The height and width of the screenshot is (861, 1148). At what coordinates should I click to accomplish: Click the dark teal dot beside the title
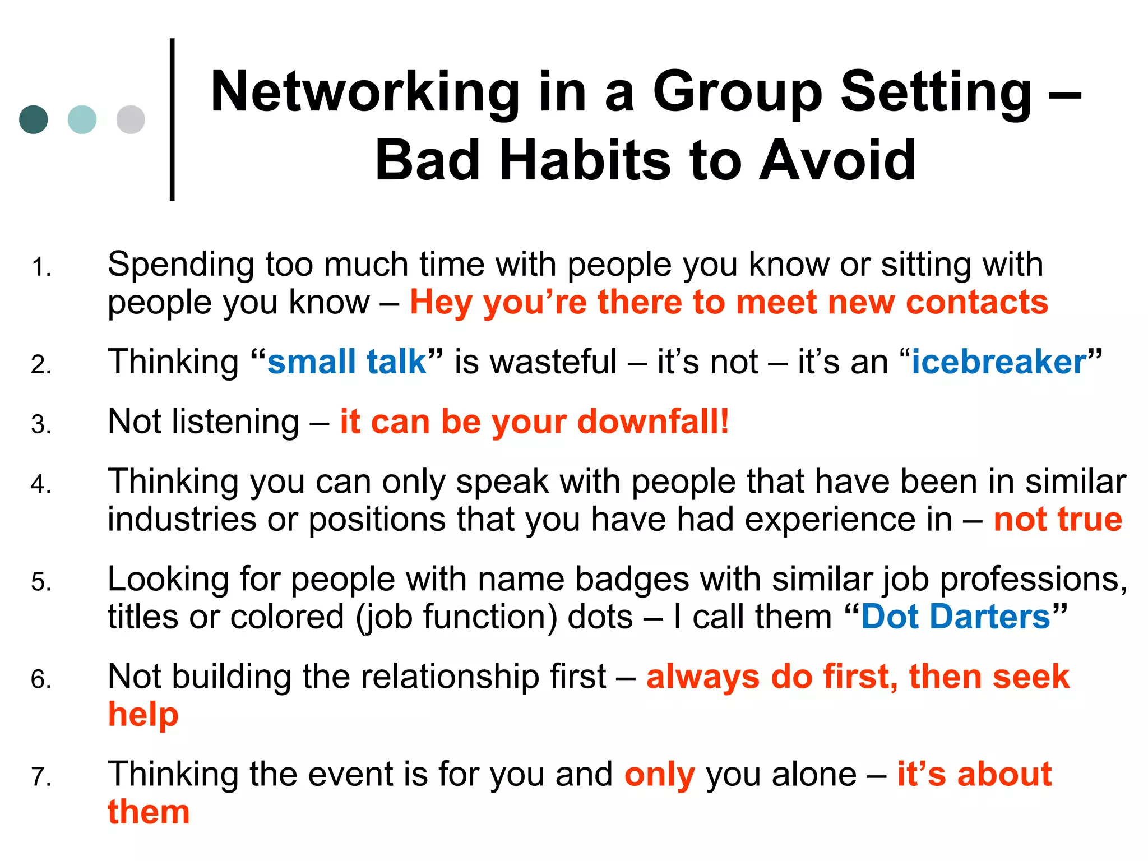coord(34,119)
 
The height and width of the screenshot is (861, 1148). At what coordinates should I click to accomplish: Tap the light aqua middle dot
coord(82,119)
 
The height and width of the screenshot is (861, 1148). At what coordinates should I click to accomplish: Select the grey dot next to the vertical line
coord(131,119)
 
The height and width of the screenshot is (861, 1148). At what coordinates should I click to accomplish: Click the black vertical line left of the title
coord(172,119)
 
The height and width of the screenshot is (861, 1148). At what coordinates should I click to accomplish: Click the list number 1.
coord(41,267)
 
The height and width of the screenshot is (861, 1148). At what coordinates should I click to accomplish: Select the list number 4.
coord(41,484)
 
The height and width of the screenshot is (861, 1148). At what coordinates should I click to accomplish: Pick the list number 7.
coord(41,777)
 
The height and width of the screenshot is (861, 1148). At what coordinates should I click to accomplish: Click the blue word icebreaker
coord(999,362)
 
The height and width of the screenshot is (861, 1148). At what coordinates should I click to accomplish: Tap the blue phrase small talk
coord(347,362)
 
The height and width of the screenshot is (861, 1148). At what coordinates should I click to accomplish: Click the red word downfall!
coord(653,421)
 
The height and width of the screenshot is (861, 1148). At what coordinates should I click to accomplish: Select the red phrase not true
coord(1058,519)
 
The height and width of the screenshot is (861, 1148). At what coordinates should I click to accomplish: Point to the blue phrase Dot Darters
coord(956,617)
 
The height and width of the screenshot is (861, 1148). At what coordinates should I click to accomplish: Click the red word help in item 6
coord(143,715)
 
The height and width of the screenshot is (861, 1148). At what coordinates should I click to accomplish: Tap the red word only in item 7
coord(660,775)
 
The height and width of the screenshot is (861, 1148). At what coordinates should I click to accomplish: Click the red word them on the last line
coord(149,812)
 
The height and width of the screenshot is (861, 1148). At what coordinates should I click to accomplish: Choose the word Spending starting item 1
coord(180,265)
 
